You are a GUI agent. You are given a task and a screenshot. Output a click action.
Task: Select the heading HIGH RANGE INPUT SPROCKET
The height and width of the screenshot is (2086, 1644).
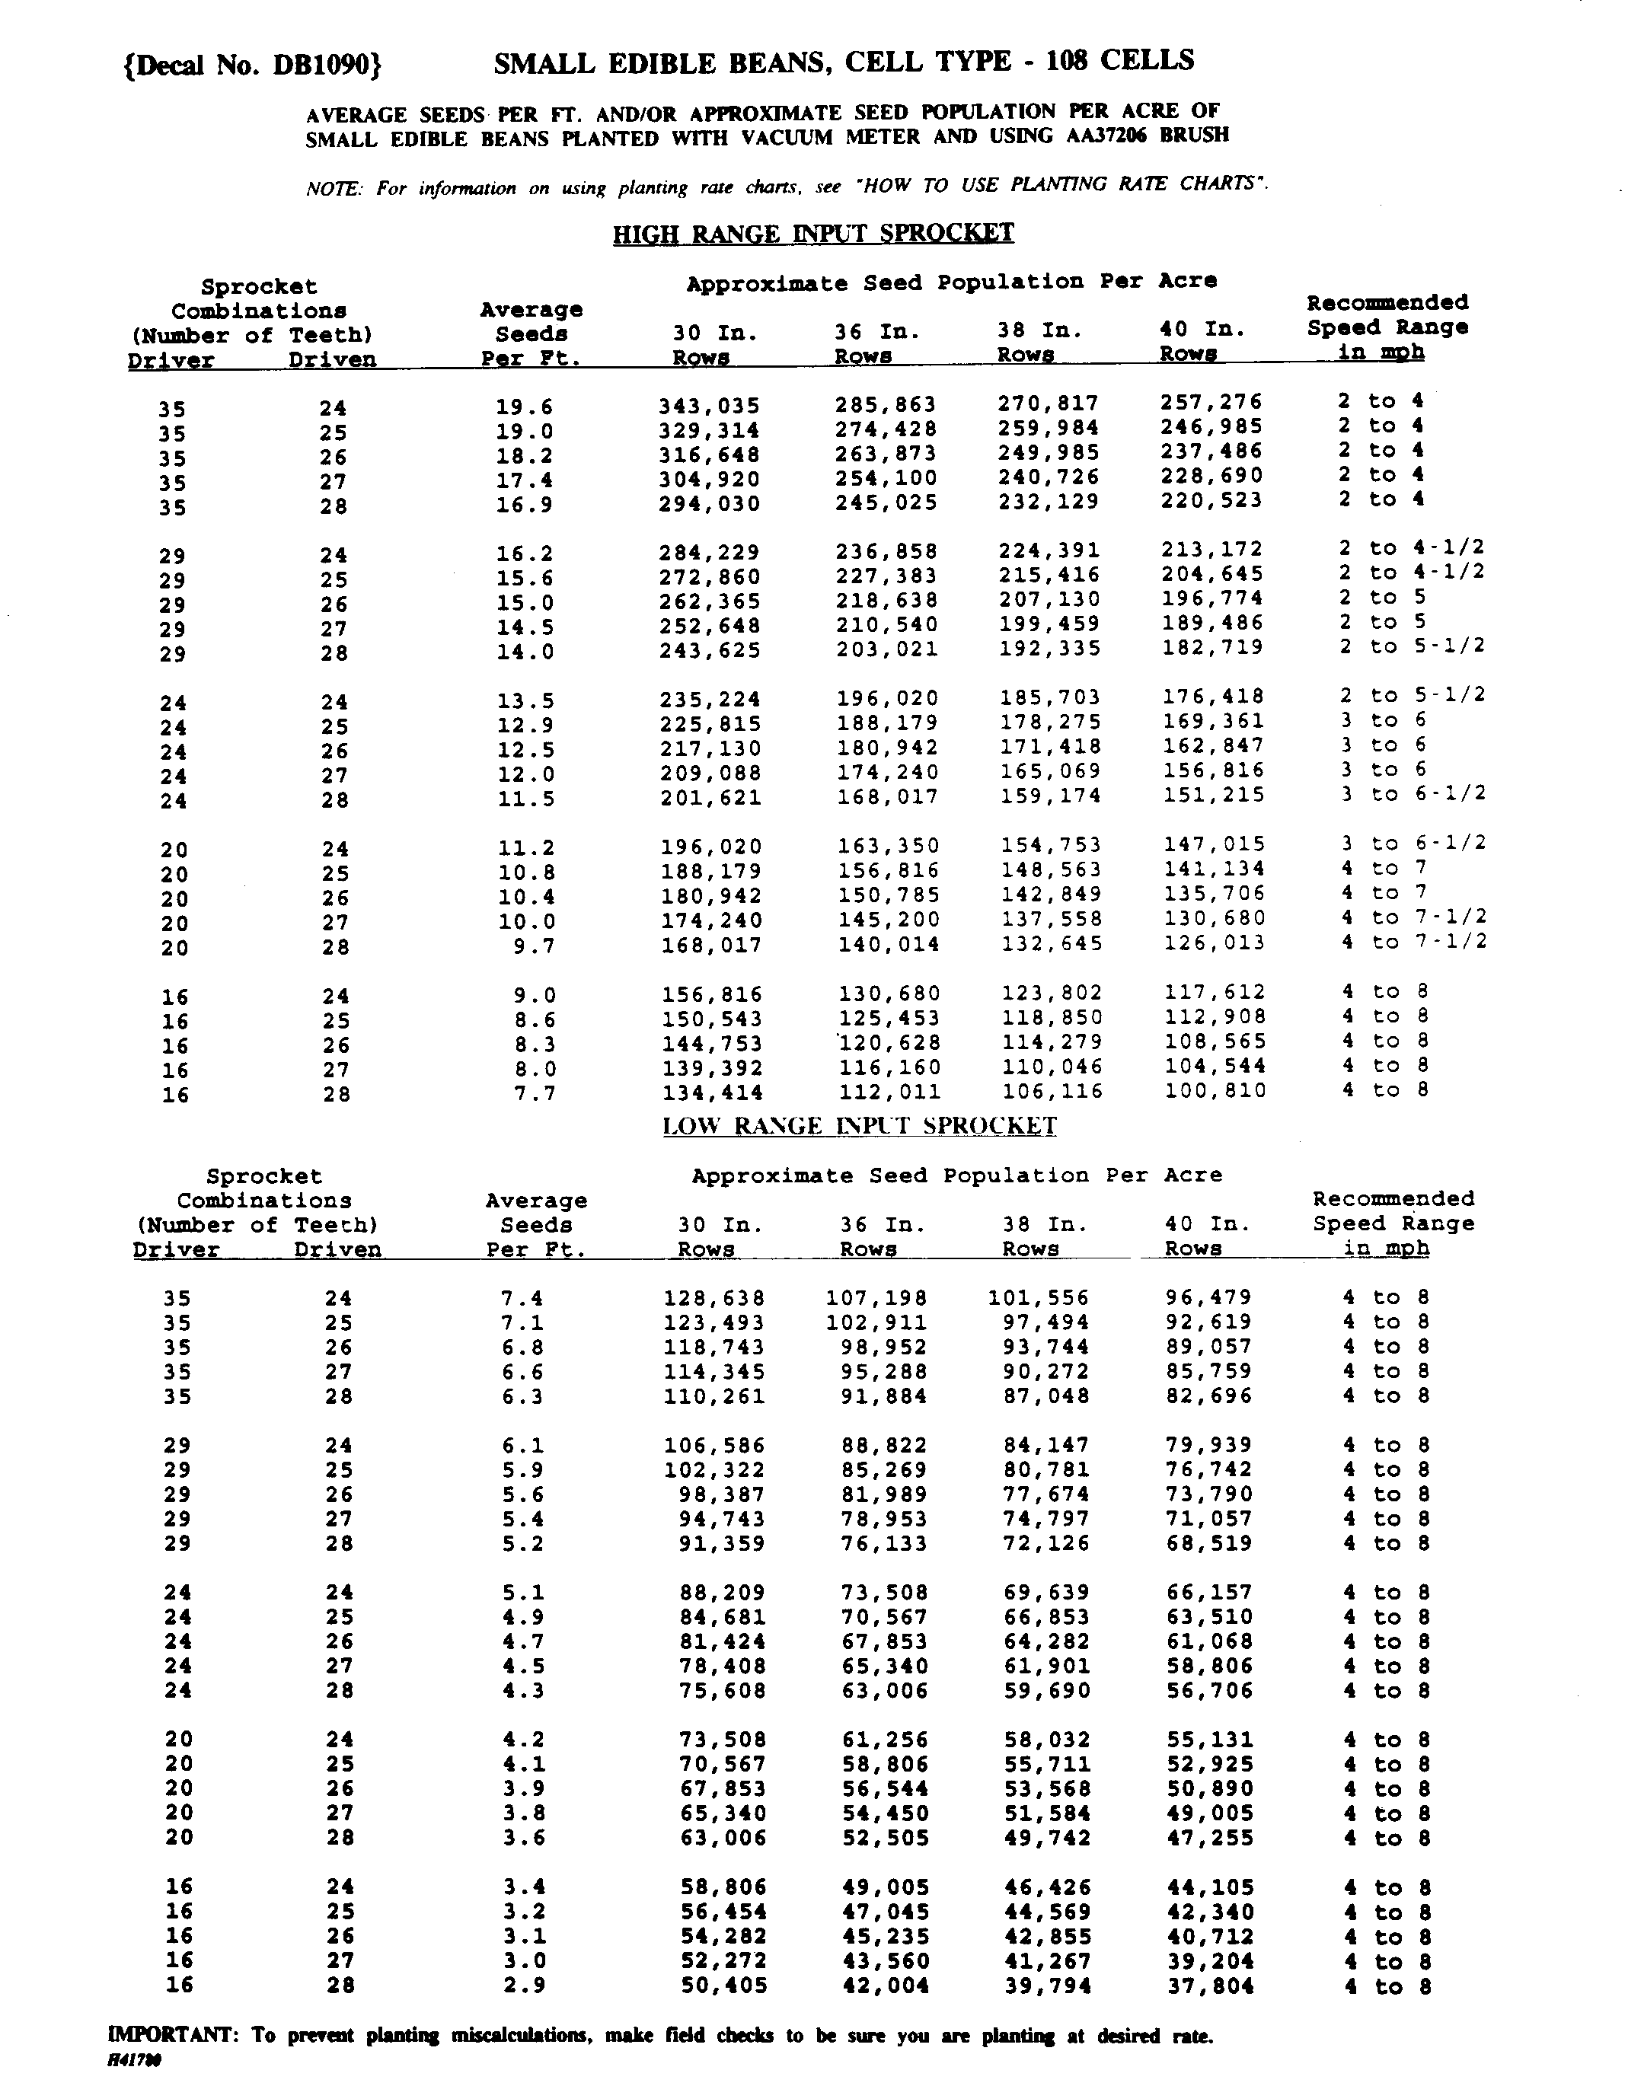click(x=813, y=233)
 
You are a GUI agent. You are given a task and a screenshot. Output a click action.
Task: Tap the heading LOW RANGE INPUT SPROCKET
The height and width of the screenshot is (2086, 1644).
click(x=860, y=1126)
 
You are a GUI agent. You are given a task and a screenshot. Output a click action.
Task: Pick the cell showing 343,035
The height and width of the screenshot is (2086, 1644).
click(x=710, y=406)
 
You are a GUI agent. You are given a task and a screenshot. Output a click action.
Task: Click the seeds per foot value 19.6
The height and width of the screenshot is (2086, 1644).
click(x=525, y=407)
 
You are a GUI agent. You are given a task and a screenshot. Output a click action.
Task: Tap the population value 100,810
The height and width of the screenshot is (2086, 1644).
click(x=1215, y=1091)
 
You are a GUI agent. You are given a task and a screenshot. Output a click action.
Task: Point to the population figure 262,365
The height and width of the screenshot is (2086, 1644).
click(x=710, y=602)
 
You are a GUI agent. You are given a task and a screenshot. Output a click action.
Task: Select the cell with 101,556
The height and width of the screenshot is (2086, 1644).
click(x=1039, y=1297)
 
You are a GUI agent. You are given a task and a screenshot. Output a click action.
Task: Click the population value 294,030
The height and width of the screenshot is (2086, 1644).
click(x=710, y=504)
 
